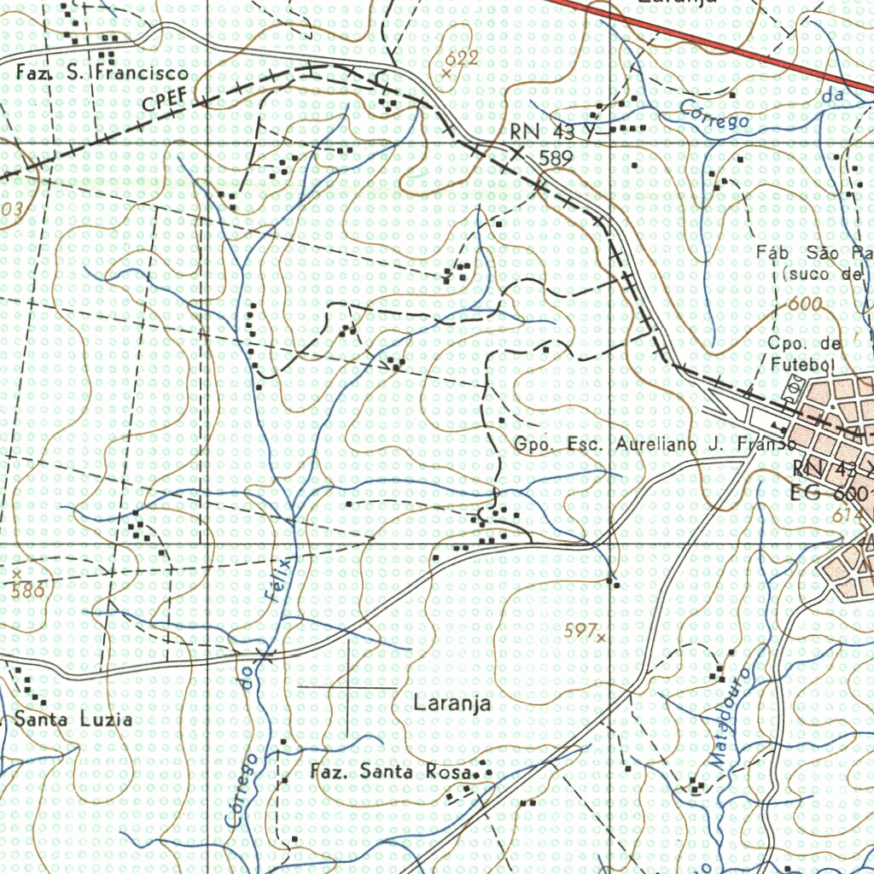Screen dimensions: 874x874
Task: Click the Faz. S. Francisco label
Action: [102, 74]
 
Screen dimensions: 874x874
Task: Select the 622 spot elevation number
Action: [462, 58]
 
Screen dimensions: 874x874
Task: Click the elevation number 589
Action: [555, 158]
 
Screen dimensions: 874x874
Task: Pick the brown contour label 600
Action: [805, 305]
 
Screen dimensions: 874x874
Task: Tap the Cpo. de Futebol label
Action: [805, 354]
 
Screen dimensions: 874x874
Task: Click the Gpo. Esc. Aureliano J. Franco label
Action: [655, 445]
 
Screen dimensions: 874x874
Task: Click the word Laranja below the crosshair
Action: [452, 704]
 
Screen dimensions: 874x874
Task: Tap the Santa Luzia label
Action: [73, 720]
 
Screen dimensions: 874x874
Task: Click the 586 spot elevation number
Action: [27, 590]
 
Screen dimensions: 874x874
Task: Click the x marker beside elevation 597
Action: [602, 636]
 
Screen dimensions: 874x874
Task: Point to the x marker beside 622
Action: [446, 74]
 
